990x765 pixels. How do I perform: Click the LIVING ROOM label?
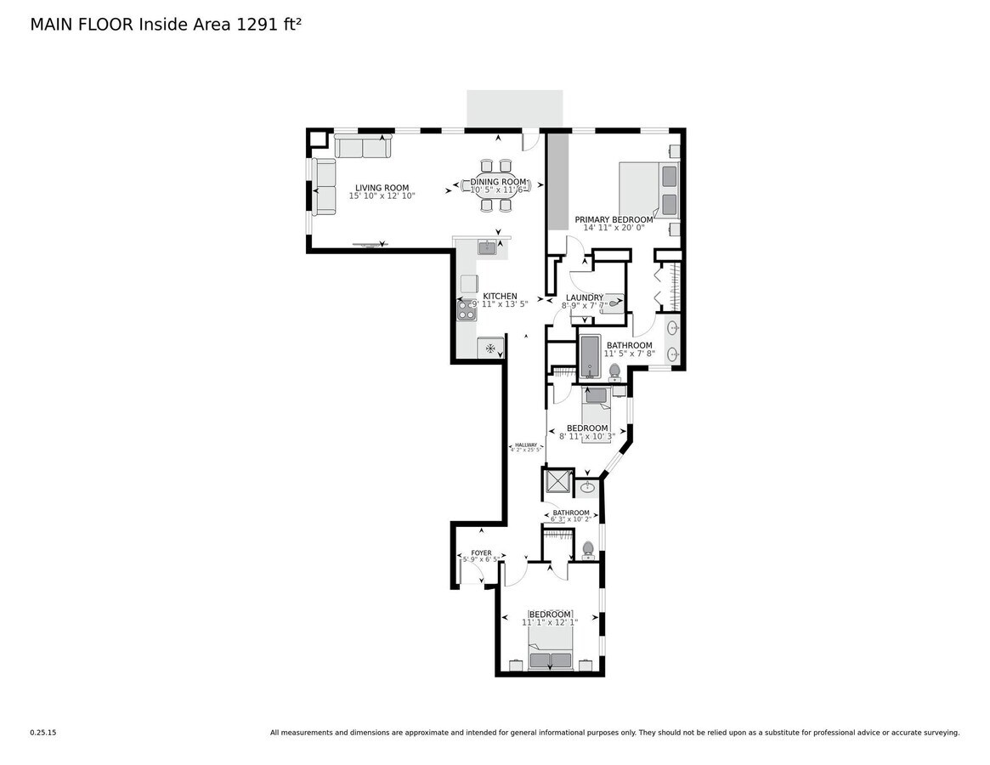click(382, 188)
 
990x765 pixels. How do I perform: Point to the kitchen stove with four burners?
click(467, 310)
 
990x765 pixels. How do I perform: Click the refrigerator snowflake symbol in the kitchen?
click(490, 348)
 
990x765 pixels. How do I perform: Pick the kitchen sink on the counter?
click(487, 248)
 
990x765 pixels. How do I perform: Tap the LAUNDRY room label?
click(584, 297)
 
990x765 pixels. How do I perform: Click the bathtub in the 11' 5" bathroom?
click(591, 356)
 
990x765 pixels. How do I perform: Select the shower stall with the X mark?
click(557, 482)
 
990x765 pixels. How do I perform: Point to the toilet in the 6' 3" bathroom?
click(587, 549)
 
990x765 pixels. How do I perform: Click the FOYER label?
click(481, 553)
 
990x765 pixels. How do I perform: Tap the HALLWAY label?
click(526, 445)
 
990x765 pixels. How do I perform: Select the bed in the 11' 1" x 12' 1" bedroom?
click(550, 653)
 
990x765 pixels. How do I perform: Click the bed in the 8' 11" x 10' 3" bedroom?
click(597, 403)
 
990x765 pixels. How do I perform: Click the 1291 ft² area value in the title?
click(269, 25)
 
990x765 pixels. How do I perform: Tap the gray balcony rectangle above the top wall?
click(514, 109)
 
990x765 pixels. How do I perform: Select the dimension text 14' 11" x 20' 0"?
click(614, 228)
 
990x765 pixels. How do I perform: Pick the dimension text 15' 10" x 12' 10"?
click(382, 196)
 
